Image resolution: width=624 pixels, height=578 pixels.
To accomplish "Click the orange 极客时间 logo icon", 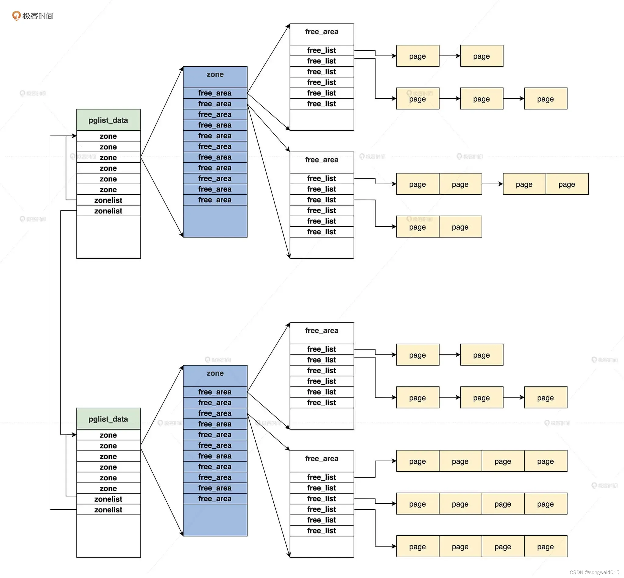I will pyautogui.click(x=16, y=15).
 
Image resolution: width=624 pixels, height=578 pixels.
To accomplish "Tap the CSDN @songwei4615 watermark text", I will pyautogui.click(x=594, y=572).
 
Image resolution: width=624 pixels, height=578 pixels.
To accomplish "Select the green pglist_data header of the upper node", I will pyautogui.click(x=108, y=120).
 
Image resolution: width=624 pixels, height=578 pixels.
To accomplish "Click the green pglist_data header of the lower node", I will pyautogui.click(x=108, y=419).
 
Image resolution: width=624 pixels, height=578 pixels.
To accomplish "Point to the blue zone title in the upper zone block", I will pyautogui.click(x=215, y=74).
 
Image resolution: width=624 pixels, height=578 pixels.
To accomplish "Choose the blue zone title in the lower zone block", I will pyautogui.click(x=215, y=373).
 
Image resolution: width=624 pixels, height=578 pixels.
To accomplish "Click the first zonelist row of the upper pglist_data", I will pyautogui.click(x=108, y=200).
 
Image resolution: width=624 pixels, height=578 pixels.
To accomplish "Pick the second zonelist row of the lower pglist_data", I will pyautogui.click(x=108, y=510).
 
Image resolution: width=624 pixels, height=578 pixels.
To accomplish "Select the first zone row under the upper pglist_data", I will pyautogui.click(x=108, y=136).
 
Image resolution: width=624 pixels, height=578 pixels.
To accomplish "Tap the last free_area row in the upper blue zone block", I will pyautogui.click(x=215, y=200).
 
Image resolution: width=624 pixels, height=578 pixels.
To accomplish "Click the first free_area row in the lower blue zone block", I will pyautogui.click(x=215, y=392).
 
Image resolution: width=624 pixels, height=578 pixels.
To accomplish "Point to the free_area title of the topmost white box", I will pyautogui.click(x=321, y=32).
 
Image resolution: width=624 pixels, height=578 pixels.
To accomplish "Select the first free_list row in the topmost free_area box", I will pyautogui.click(x=321, y=50).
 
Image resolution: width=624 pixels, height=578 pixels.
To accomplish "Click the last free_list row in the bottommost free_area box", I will pyautogui.click(x=321, y=531).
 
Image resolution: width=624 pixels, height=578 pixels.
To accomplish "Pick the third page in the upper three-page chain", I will pyautogui.click(x=545, y=99).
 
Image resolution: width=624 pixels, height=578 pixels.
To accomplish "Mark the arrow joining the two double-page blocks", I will pyautogui.click(x=492, y=184).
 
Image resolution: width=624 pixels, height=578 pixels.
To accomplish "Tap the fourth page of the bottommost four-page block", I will pyautogui.click(x=545, y=547).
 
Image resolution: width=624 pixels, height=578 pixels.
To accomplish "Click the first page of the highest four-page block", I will pyautogui.click(x=417, y=461).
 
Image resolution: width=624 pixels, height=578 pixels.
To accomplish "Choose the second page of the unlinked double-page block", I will pyautogui.click(x=460, y=227).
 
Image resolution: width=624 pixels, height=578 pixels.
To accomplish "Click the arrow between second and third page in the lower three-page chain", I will pyautogui.click(x=513, y=397).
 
